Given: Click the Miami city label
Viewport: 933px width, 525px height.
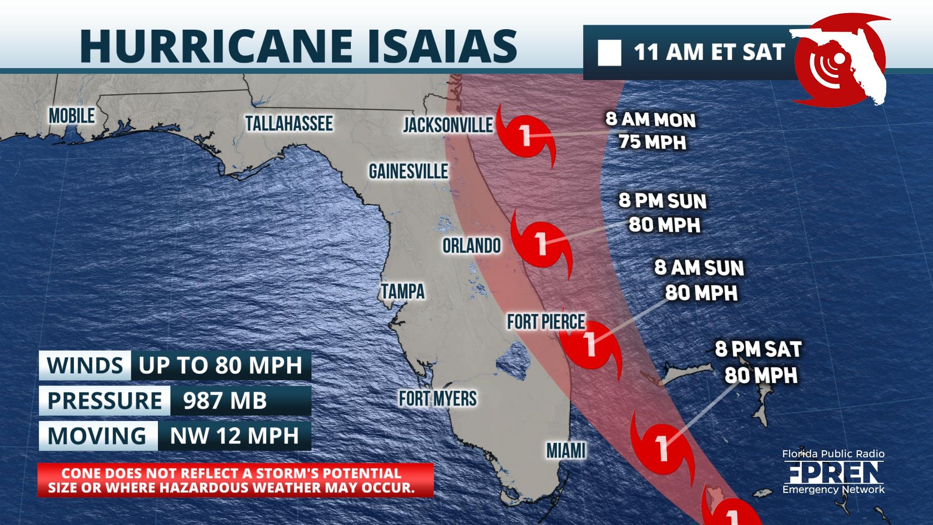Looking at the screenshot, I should [x=566, y=451].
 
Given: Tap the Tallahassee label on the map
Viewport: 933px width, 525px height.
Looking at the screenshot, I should [x=289, y=123].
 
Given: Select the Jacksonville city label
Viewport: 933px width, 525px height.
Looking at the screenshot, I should [x=448, y=125].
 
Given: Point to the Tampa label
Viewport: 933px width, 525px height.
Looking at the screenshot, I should [x=403, y=291].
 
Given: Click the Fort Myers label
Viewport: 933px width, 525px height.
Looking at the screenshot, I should [x=438, y=399].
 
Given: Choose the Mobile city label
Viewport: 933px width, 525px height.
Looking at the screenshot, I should [x=72, y=116].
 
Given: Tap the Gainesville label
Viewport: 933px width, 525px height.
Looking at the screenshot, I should [x=408, y=171].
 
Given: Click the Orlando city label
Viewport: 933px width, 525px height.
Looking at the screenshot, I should [x=471, y=245].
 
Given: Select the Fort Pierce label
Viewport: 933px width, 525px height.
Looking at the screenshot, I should [x=546, y=321].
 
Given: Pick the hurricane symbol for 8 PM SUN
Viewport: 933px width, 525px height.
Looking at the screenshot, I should [x=540, y=242].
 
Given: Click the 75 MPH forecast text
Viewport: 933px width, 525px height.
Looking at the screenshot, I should [x=652, y=142].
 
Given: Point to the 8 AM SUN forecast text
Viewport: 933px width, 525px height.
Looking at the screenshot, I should [x=699, y=268].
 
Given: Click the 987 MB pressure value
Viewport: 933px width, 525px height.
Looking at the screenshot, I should [x=225, y=401].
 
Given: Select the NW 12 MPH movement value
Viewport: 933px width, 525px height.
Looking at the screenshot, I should [x=234, y=436].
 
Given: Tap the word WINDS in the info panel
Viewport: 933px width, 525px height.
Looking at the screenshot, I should [x=85, y=365].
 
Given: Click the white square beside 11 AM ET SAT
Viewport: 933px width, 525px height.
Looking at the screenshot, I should [x=609, y=53].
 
